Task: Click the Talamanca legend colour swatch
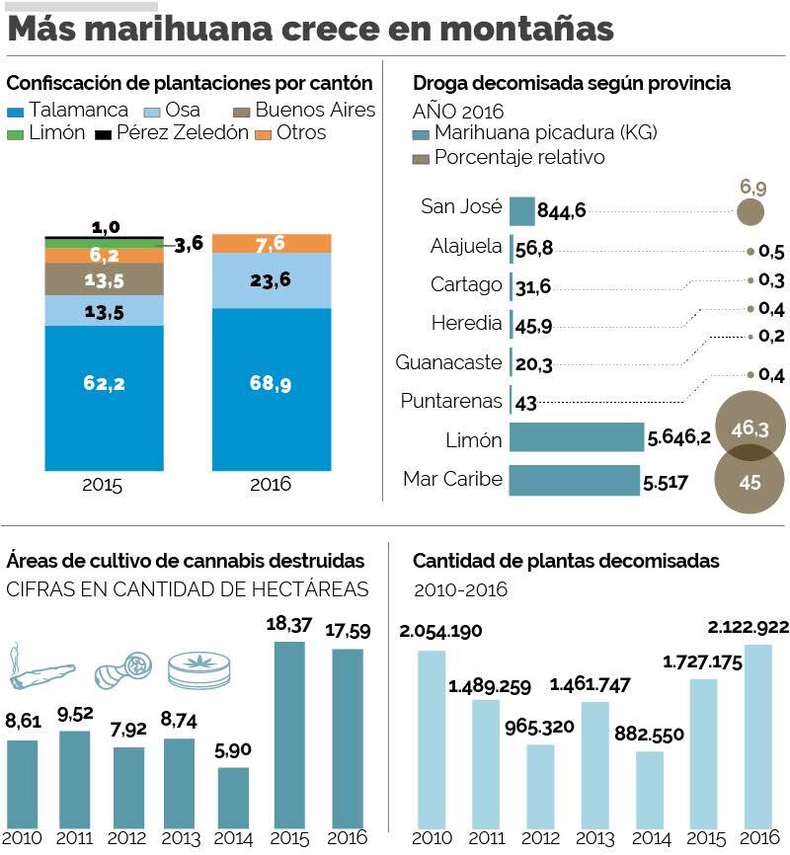click(x=16, y=111)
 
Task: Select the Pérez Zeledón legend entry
click(x=182, y=133)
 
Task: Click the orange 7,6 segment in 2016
click(x=271, y=244)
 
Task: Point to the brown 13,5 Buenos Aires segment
click(x=104, y=279)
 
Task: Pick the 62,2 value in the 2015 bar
click(x=104, y=384)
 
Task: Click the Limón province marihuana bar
click(x=577, y=437)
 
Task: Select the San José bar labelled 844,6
click(x=521, y=209)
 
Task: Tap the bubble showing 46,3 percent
click(x=743, y=427)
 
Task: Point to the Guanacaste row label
click(x=448, y=362)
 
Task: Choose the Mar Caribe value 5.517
click(x=666, y=482)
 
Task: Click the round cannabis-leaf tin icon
click(x=197, y=669)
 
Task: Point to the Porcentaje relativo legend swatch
click(x=420, y=158)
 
